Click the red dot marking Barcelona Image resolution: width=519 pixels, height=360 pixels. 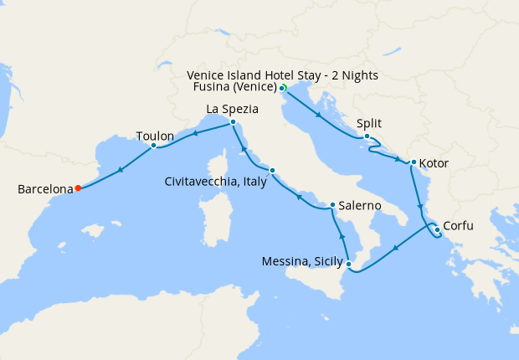point(78,188)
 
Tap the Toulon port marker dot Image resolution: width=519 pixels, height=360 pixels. point(154,145)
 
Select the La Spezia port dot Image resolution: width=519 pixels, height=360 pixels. point(232,123)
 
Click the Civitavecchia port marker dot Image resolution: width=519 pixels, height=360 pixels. point(272,171)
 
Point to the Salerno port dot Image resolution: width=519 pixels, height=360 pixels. point(332,205)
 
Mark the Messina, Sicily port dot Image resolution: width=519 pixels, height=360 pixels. point(349,265)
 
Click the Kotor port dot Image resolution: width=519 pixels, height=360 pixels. point(414,162)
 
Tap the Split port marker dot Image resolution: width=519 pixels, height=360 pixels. point(367,136)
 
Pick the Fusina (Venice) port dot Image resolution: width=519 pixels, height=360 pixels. point(281,88)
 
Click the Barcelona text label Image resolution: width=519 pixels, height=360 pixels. point(45,190)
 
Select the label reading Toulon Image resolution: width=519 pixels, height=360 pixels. point(155,136)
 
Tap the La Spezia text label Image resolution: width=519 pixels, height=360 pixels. point(232,110)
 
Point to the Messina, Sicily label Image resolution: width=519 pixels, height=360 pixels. point(301,262)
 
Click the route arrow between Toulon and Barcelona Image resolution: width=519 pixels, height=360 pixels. point(121,169)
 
